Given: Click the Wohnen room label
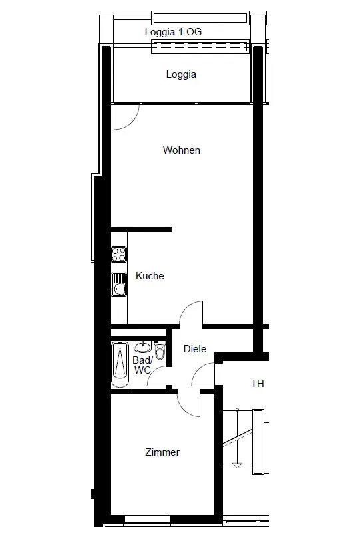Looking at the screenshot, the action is pos(182,150).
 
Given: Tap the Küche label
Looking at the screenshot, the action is pos(150,275).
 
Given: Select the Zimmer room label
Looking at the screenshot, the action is pos(162,452).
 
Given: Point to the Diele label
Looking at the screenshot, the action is pos(195,348).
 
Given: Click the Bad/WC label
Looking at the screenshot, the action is pos(142,365).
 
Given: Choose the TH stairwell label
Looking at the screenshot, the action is pos(258,383).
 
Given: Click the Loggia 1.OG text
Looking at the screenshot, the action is pos(173,32).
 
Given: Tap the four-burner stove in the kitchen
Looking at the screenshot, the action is pos(119,254).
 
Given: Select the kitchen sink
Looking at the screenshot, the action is pos(119,284).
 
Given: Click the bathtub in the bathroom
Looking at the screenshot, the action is pos(120,364).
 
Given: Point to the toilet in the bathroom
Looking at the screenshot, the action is pos(160,351).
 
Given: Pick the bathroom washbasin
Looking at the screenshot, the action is pos(142,346).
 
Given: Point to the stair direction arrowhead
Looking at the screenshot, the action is pos(238,465).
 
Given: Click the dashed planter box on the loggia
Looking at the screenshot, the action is pos(200,47).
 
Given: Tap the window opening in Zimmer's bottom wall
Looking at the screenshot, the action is pos(147,519).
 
